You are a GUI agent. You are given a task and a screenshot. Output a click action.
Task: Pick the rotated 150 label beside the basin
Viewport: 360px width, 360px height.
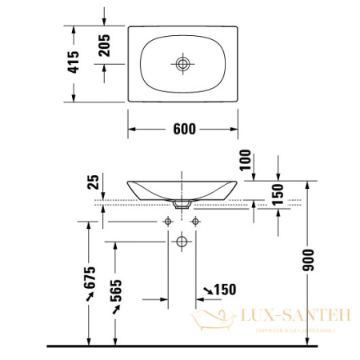coord(278,195)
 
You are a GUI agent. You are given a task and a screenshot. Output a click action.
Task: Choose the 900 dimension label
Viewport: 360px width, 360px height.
coord(310,258)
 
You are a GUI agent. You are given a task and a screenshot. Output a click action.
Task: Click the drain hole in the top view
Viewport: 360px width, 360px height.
coord(183,63)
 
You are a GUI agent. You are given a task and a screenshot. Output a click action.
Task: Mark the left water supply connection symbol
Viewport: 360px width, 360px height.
coord(169,221)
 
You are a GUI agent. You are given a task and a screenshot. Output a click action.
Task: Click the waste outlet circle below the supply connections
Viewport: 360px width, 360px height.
coord(183,240)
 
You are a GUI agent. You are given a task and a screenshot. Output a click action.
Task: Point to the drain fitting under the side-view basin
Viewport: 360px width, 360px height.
coord(183,205)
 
